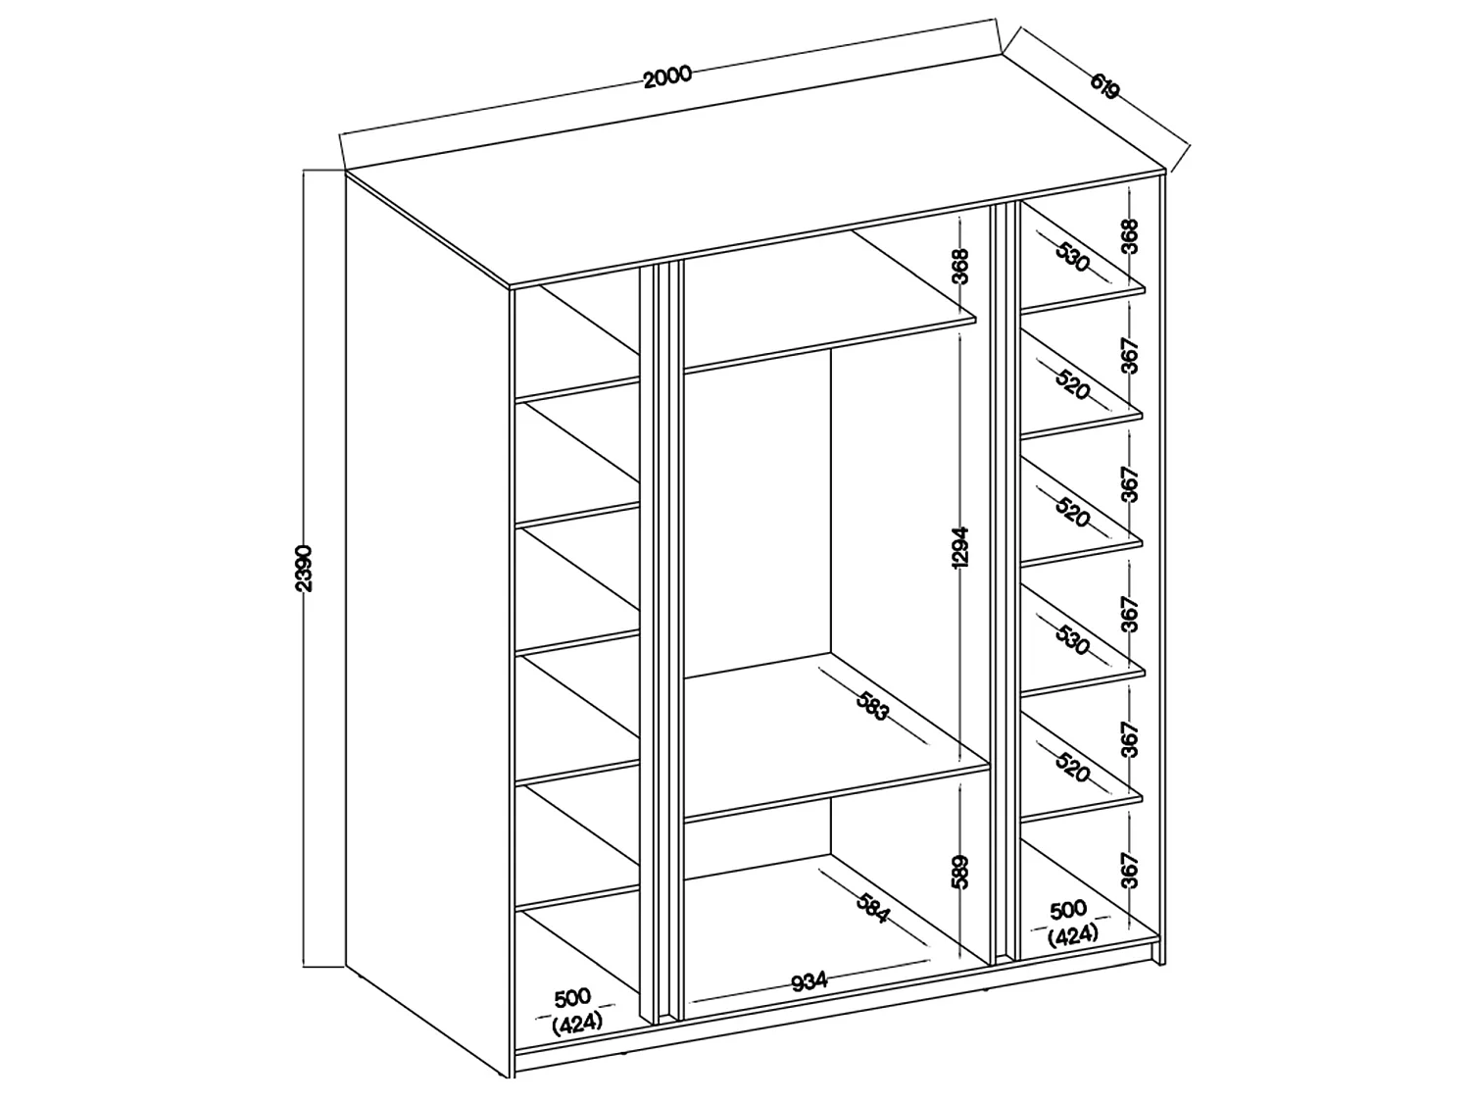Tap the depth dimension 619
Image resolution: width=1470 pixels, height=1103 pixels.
tap(1104, 86)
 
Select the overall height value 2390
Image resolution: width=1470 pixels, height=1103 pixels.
tap(304, 569)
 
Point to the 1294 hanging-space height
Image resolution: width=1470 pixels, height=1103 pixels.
tap(959, 548)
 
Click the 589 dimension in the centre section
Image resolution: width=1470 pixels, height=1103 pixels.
tap(959, 872)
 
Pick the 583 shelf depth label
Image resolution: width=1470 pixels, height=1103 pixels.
tap(872, 706)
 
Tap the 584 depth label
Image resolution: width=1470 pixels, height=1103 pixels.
tap(872, 908)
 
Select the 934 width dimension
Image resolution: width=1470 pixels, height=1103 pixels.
tap(809, 981)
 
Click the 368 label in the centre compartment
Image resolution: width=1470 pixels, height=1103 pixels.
tap(960, 267)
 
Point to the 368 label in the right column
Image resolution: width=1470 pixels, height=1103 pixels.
tap(1130, 236)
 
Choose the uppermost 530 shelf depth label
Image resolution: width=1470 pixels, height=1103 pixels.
tap(1072, 257)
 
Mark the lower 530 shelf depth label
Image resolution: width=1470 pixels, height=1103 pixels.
tap(1072, 639)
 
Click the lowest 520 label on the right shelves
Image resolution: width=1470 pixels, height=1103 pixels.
tap(1072, 767)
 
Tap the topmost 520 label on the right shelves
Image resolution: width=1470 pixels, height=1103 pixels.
tap(1072, 384)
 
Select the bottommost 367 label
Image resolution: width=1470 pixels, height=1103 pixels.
tap(1130, 870)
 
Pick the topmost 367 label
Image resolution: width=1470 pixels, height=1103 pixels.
tap(1130, 356)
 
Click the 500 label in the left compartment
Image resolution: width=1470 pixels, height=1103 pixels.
tap(572, 998)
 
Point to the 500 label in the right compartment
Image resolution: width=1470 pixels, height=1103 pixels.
tap(1069, 910)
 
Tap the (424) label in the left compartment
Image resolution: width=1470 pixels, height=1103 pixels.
tap(577, 1023)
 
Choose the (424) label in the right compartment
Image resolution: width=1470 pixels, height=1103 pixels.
tap(1073, 935)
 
